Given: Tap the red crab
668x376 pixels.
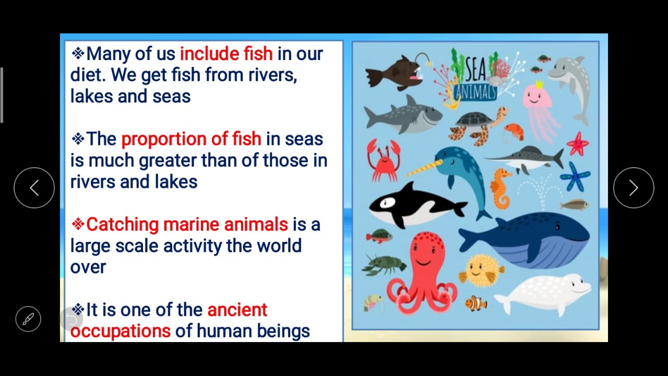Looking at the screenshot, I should click(384, 159).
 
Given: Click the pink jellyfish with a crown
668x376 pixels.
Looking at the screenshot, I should click(541, 107).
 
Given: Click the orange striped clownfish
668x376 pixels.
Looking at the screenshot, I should click(476, 303).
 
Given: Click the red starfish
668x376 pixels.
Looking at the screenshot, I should click(577, 144).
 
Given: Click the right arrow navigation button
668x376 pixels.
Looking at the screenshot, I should click(634, 188).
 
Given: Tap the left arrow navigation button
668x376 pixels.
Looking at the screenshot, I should click(34, 188).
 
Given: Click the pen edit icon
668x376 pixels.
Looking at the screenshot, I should click(28, 319).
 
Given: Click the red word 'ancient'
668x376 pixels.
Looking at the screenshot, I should click(237, 310).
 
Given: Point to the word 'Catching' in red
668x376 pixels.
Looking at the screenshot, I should click(122, 225).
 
